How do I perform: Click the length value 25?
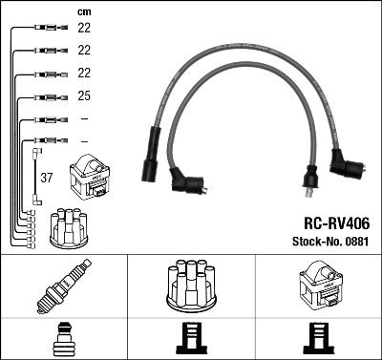(x=83, y=96)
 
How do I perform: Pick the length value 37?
(x=46, y=177)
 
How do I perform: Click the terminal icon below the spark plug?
(x=62, y=336)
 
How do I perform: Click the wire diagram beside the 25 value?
(x=47, y=96)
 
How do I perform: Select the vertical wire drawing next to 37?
(x=36, y=176)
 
